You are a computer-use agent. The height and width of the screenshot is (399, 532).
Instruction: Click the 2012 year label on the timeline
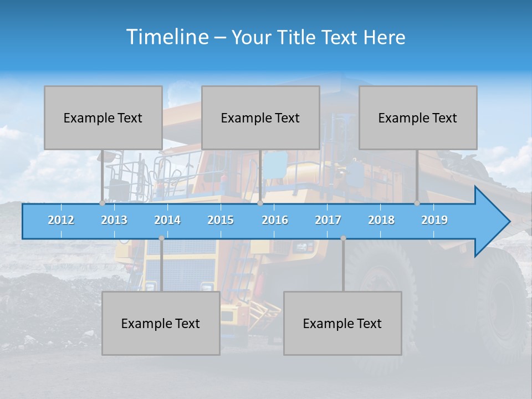61,220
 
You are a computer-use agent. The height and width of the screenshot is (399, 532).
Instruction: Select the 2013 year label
114,220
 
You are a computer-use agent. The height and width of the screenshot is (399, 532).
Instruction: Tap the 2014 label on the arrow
167,220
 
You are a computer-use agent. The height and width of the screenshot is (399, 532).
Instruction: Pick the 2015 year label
221,220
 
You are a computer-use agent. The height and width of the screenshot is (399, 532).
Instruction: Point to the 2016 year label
275,220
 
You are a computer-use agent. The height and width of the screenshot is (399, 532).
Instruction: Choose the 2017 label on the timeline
328,220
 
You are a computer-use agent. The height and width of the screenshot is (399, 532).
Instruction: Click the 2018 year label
381,220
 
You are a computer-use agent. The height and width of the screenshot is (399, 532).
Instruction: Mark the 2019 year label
434,220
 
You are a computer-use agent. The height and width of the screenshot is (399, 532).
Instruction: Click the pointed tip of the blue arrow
509,222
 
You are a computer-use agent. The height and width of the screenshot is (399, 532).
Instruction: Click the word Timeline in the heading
166,37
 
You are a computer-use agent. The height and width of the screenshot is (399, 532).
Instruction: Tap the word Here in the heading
385,38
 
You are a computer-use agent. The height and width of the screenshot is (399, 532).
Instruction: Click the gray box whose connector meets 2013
103,117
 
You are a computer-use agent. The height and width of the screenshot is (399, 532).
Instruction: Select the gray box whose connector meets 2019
418,117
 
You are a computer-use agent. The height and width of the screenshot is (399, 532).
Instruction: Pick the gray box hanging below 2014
161,323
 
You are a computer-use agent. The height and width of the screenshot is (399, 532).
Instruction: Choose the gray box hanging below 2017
342,323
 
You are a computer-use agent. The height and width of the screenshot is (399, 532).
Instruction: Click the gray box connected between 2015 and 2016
260,117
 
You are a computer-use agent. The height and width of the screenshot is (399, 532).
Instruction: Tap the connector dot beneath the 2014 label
161,238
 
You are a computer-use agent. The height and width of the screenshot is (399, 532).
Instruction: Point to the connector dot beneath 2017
343,238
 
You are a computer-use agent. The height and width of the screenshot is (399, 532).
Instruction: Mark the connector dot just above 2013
103,203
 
